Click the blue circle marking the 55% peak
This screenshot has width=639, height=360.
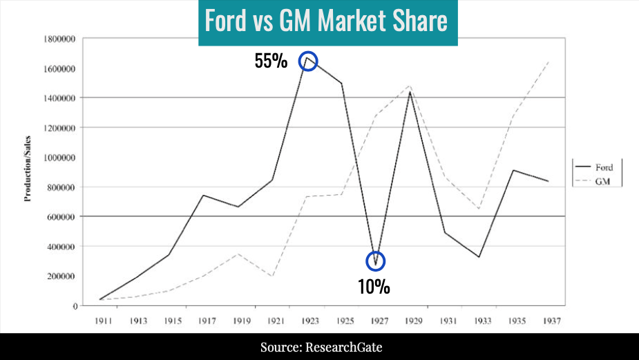[x=308, y=61]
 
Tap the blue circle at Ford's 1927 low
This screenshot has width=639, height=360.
[x=375, y=260]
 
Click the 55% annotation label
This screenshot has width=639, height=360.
[x=271, y=61]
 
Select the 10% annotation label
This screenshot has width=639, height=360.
[x=374, y=286]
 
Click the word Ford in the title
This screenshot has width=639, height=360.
[x=225, y=21]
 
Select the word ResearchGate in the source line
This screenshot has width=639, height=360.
[x=352, y=346]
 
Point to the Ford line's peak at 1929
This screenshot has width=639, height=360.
[x=410, y=92]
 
